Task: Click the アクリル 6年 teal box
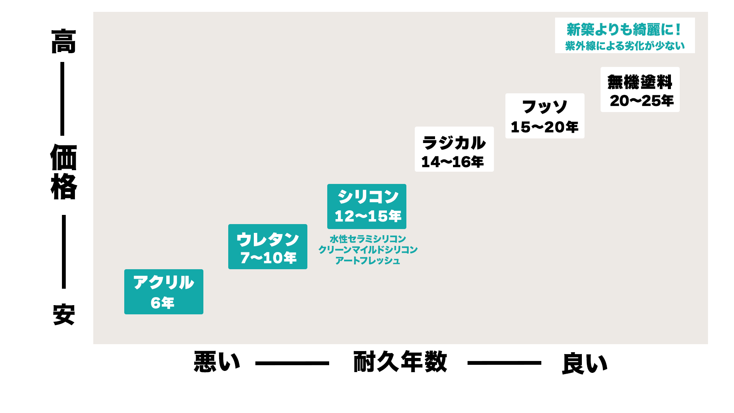coord(164,292)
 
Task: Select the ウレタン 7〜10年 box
coord(268,247)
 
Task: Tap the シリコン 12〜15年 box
coord(367,206)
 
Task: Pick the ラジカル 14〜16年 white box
coord(454,149)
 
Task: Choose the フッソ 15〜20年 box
coord(545,116)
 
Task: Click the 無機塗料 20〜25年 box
coord(640,89)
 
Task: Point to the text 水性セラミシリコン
coord(368,239)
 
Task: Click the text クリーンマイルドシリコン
coord(368,250)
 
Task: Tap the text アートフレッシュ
coord(368,260)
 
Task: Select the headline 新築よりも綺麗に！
coord(624,29)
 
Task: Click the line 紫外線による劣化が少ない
coord(625,46)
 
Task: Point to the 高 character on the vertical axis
coord(63,41)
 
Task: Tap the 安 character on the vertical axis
coord(63,315)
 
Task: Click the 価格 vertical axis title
coord(63,172)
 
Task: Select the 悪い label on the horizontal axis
coord(217,362)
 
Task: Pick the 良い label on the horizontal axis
coord(585,363)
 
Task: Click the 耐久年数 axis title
coord(400,362)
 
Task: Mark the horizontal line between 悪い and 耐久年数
coord(292,363)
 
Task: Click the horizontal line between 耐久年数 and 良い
coord(504,363)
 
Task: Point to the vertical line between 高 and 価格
coord(62,99)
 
